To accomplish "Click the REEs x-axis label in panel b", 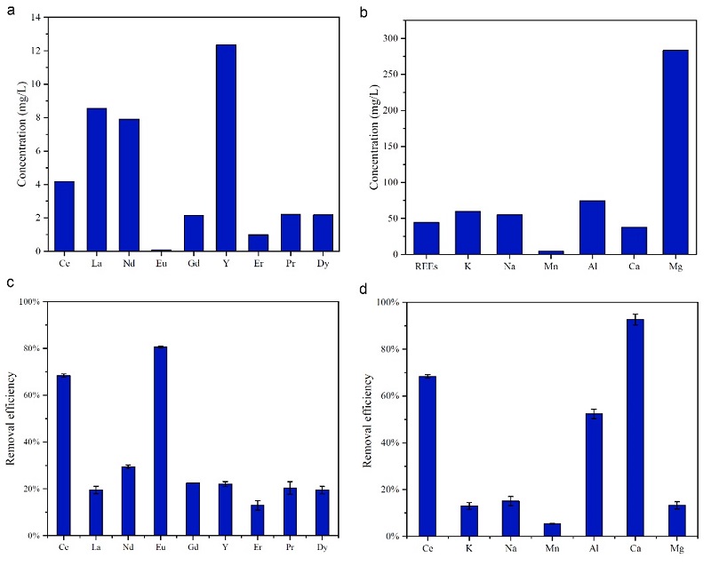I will click(x=426, y=266).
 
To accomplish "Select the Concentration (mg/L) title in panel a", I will click(x=19, y=134).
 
